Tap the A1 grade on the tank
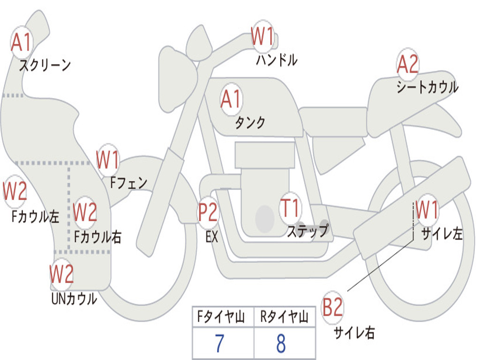pyautogui.click(x=230, y=99)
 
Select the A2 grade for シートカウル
pyautogui.click(x=407, y=65)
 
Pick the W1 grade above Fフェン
pyautogui.click(x=108, y=160)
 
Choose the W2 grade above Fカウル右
pyautogui.click(x=85, y=212)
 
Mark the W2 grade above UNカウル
pyautogui.click(x=61, y=274)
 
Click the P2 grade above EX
pyautogui.click(x=208, y=212)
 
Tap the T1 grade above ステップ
pyautogui.click(x=290, y=208)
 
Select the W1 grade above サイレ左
pyautogui.click(x=427, y=210)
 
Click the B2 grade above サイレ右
pyautogui.click(x=332, y=308)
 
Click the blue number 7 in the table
pyautogui.click(x=219, y=344)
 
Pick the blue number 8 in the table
pyautogui.click(x=281, y=344)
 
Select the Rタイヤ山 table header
pyautogui.click(x=284, y=318)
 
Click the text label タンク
pyautogui.click(x=250, y=123)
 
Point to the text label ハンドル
pyautogui.click(x=277, y=60)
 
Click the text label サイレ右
pyautogui.click(x=354, y=333)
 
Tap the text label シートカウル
pyautogui.click(x=427, y=87)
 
